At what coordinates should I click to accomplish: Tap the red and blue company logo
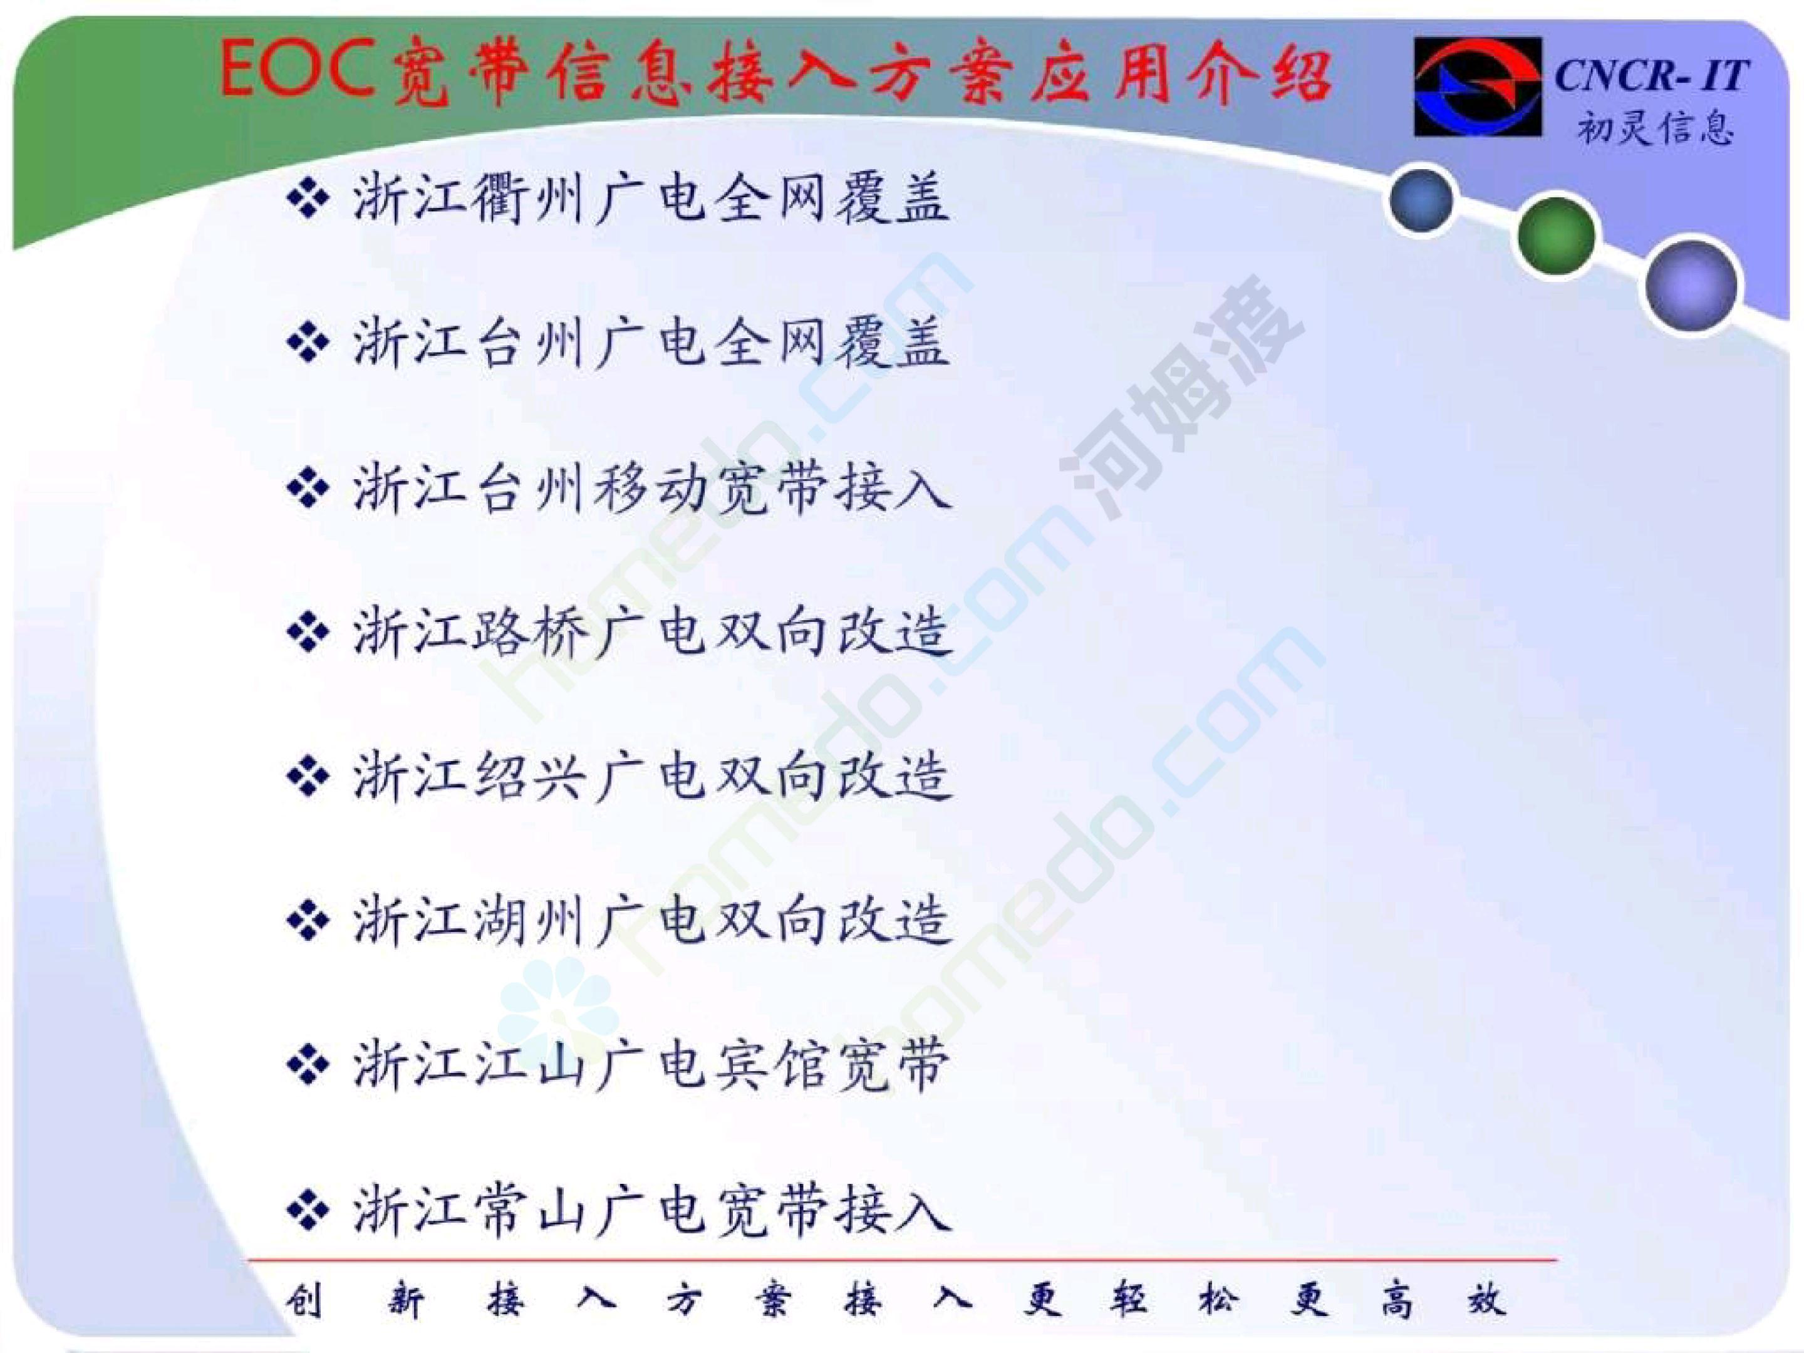(x=1477, y=86)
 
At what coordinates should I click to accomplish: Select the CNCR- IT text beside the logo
(x=1651, y=76)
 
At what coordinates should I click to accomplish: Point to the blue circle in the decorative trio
(x=1421, y=199)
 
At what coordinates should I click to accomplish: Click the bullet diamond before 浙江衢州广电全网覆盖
(x=308, y=200)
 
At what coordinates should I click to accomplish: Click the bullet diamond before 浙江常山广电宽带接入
(x=308, y=1210)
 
